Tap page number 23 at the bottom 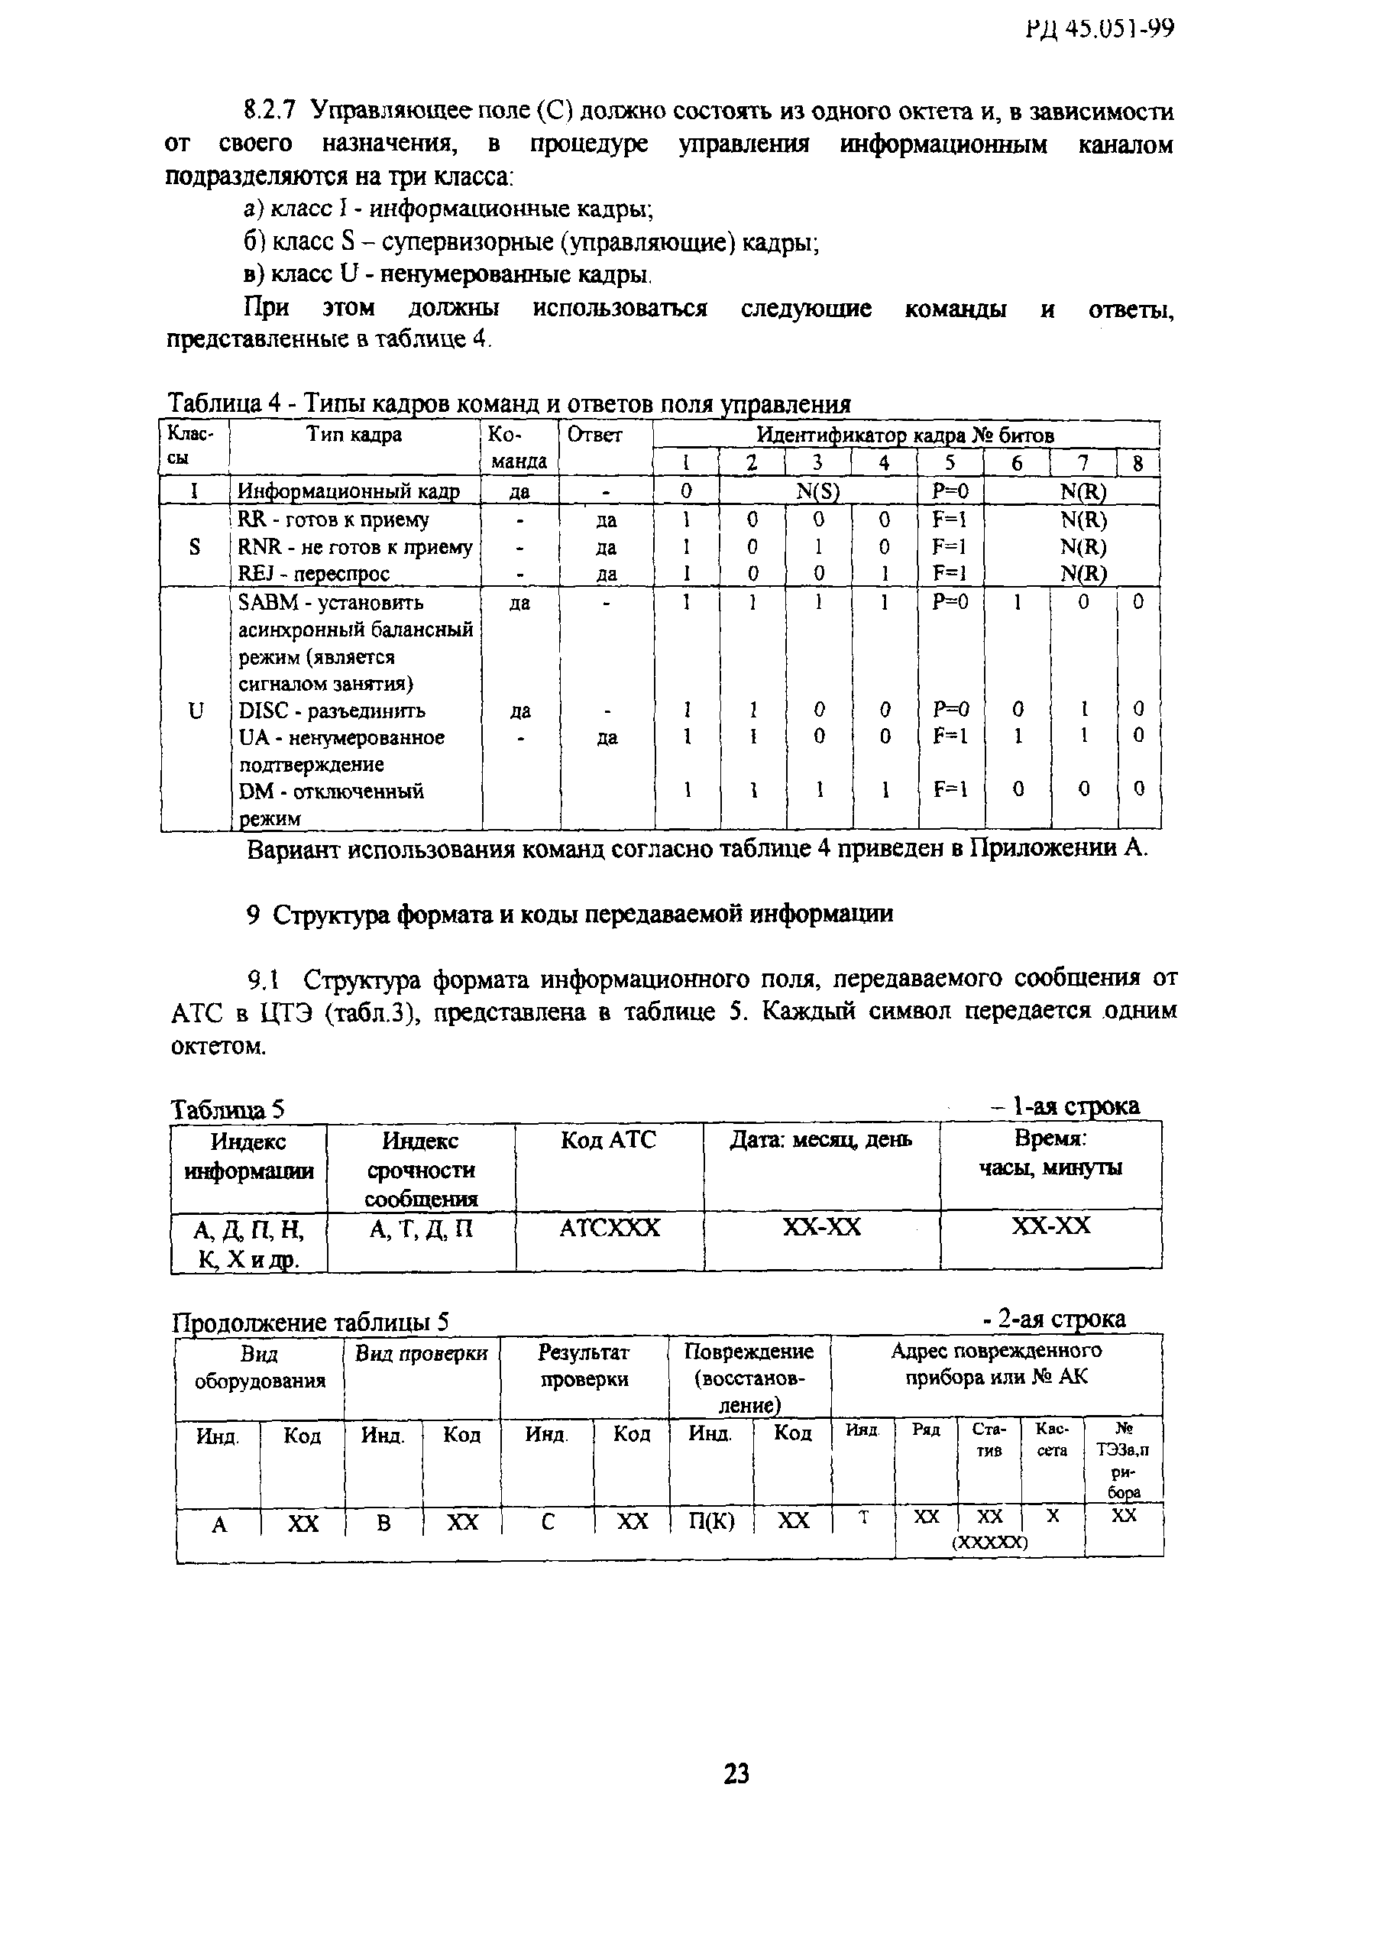pyautogui.click(x=736, y=1773)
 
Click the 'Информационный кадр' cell pyautogui.click(x=348, y=491)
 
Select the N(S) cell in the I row pyautogui.click(x=817, y=491)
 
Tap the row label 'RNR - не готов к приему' pyautogui.click(x=354, y=546)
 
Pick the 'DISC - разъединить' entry pyautogui.click(x=332, y=711)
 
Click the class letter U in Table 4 pyautogui.click(x=196, y=711)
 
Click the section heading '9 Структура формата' pyautogui.click(x=570, y=914)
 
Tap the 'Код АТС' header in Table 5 pyautogui.click(x=608, y=1140)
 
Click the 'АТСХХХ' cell pyautogui.click(x=609, y=1229)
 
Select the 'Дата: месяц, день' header pyautogui.click(x=820, y=1140)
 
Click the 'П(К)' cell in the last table pyautogui.click(x=712, y=1522)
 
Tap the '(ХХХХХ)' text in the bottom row pyautogui.click(x=989, y=1541)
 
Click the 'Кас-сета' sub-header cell pyautogui.click(x=1051, y=1439)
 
